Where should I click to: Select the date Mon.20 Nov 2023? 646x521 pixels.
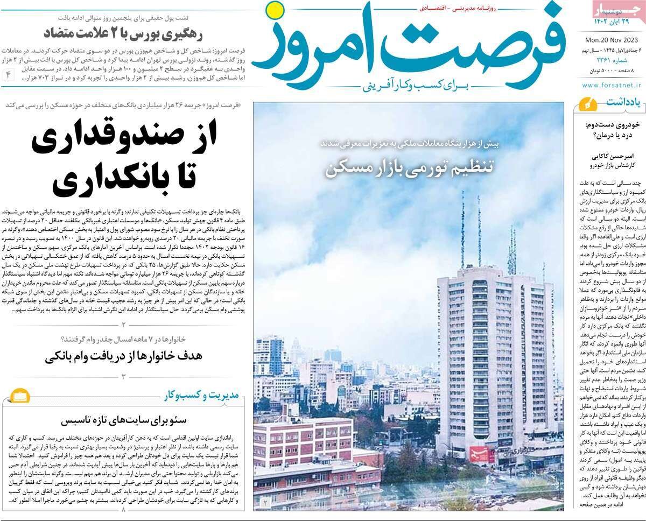(612, 39)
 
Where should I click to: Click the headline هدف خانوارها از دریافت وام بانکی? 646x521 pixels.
(124, 356)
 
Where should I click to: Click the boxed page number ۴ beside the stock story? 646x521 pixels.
(8, 75)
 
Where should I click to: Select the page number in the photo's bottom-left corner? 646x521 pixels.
(265, 502)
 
